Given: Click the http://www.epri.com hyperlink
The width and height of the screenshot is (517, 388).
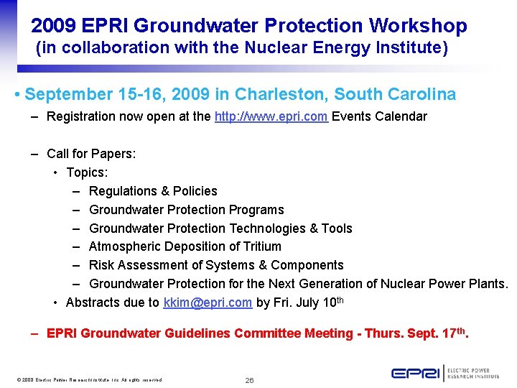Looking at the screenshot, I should point(271,116).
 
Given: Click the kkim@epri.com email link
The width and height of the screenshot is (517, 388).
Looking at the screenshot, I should point(208,302).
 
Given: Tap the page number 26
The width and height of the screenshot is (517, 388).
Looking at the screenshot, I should point(249,380).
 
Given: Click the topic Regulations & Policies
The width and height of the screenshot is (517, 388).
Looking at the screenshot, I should point(153,191).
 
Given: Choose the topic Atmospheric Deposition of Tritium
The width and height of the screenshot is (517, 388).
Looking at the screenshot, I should point(185,246).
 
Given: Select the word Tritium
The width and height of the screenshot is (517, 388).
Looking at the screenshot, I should point(261,246).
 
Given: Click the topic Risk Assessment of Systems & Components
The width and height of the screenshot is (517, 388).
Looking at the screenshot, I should point(216,265).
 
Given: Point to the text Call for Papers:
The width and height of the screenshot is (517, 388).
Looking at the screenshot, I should point(91,154).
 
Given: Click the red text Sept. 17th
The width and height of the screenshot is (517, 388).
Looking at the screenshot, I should point(438,333).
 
